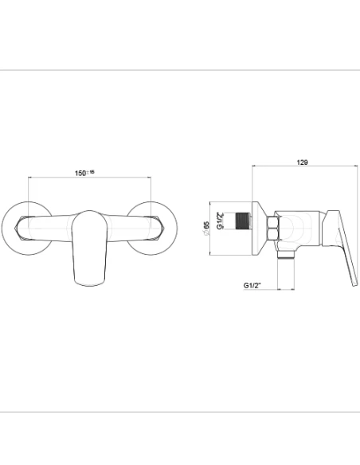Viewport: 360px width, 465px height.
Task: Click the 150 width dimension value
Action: tap(80, 172)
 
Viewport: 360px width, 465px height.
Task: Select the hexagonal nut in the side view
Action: tap(272, 229)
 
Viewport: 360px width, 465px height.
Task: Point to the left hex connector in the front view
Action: tap(24, 228)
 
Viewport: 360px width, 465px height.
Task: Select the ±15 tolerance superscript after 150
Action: tap(92, 170)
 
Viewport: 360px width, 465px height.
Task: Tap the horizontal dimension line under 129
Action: tap(302, 168)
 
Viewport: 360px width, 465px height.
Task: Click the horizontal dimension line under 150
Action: tap(89, 178)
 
